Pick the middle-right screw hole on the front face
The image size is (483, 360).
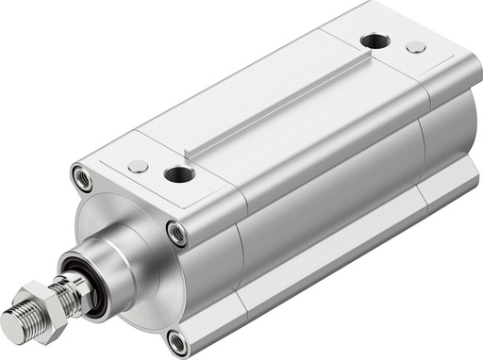point(175,233)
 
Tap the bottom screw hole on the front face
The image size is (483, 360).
point(178,340)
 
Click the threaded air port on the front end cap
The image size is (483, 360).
point(175,173)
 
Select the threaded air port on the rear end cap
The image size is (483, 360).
point(375,41)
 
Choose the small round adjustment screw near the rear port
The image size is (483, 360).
point(414,46)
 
